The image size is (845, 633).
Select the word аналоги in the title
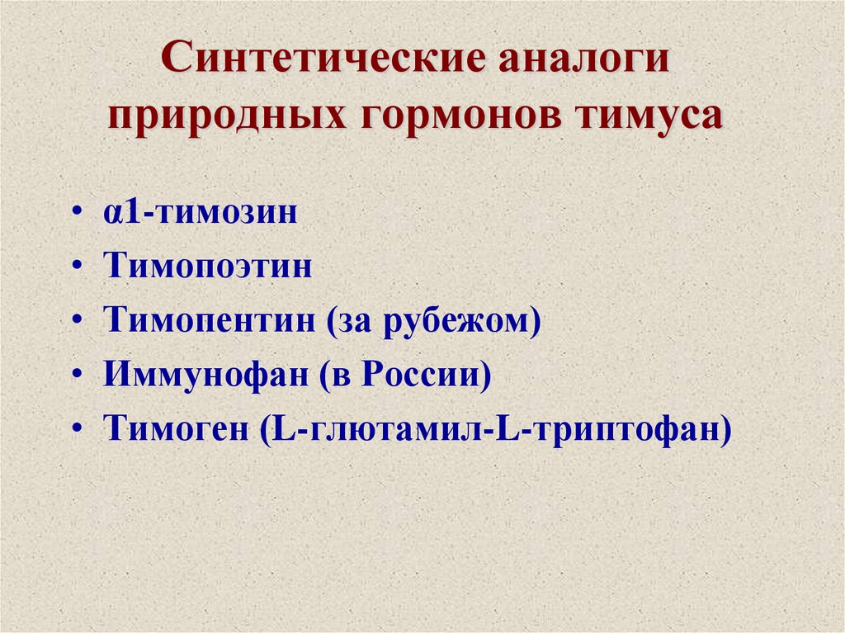pos(588,63)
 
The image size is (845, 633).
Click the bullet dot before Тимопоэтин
pos(77,267)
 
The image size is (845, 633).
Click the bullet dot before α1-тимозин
pos(77,212)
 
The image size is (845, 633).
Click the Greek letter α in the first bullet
pos(112,213)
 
